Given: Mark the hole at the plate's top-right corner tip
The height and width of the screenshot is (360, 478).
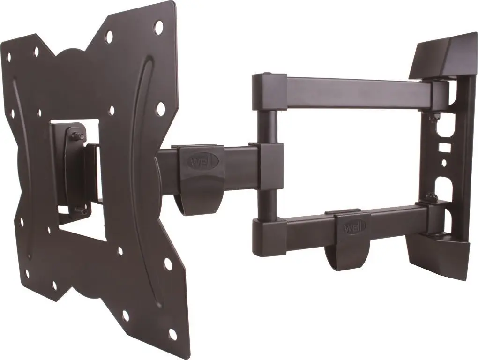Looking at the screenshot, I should [x=159, y=24].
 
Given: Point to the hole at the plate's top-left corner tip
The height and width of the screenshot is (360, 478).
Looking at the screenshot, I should [x=8, y=57].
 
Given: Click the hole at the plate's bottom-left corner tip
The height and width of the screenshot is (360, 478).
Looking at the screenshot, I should [x=27, y=272].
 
